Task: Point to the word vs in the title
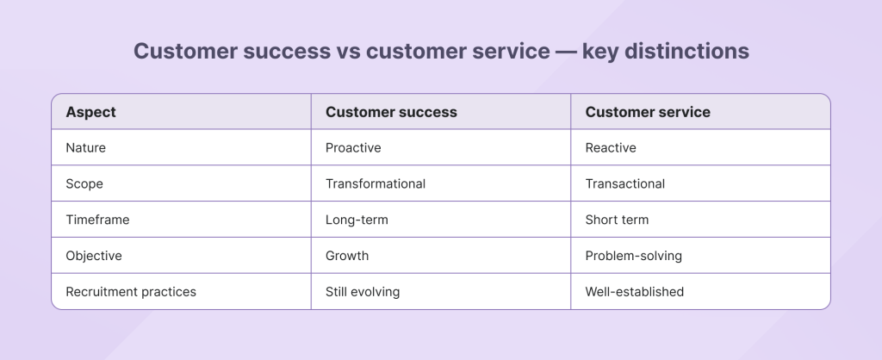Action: click(348, 52)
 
